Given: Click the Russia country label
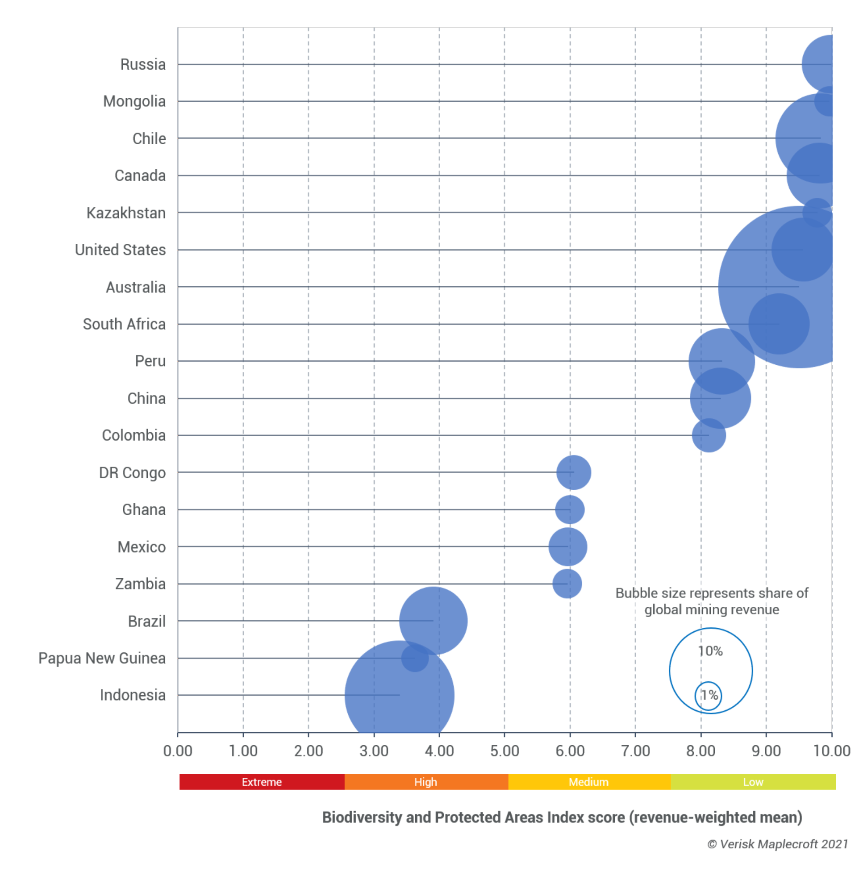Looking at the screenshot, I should click(143, 64).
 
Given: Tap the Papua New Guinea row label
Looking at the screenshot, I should click(102, 658).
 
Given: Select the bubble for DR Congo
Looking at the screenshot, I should click(574, 472).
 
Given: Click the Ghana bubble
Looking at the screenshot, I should click(570, 510).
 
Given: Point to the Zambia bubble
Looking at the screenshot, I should click(567, 584).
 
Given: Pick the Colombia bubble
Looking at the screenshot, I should click(709, 435).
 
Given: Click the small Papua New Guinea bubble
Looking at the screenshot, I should click(415, 658).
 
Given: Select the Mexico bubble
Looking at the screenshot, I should click(567, 547).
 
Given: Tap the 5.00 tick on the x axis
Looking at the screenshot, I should click(504, 751).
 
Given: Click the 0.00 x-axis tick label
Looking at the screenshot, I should click(177, 751).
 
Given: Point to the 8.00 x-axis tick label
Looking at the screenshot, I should click(701, 751).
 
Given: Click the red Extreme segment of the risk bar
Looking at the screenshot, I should click(262, 782).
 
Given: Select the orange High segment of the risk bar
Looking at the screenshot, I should click(426, 782).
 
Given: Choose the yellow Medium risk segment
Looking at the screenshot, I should click(589, 782).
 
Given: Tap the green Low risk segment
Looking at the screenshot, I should click(753, 782).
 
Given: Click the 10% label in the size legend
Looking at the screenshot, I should click(710, 651).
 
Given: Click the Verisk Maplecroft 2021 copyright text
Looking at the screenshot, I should click(777, 844).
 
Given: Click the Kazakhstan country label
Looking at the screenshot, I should click(126, 213).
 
